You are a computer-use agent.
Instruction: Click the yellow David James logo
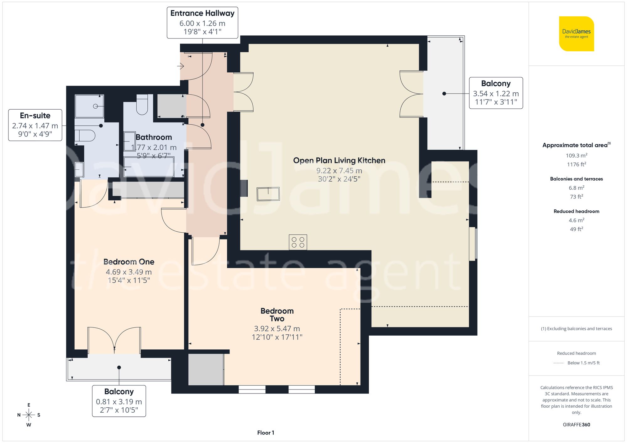coord(576,34)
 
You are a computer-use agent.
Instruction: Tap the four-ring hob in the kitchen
coord(298,242)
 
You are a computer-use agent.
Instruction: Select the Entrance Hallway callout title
coord(202,13)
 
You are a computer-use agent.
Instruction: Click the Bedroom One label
coord(129,262)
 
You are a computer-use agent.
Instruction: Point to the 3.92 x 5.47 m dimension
coord(277,329)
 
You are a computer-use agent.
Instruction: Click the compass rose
coord(29,415)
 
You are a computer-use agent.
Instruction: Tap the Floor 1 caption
coord(266,433)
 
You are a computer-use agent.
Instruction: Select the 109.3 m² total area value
coord(576,155)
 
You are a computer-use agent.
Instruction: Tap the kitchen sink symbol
coord(268,194)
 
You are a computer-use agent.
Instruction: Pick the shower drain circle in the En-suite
coord(95,106)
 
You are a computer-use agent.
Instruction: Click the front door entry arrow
coord(181,66)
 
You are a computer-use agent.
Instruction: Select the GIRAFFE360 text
coord(576,425)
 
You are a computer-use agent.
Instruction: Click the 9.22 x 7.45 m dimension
coord(339,171)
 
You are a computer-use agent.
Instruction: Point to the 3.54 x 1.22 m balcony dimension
coord(496,94)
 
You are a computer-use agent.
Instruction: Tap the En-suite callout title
coord(35,116)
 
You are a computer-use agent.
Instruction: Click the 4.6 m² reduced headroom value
coord(576,220)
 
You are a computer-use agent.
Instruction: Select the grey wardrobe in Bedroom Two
coord(206,369)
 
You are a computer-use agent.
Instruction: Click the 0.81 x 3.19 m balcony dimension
coord(119,402)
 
